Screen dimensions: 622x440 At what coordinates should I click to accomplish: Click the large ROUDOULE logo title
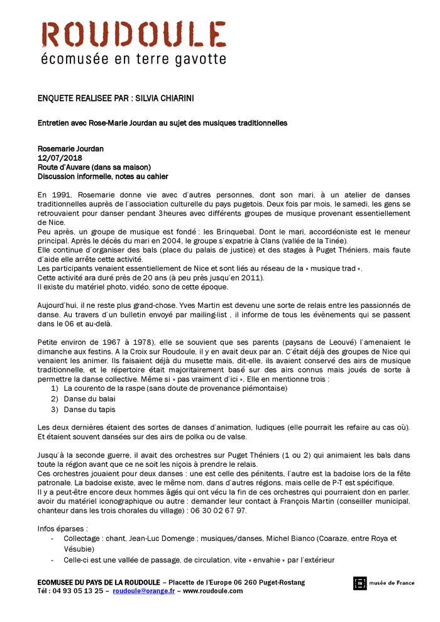tap(133, 35)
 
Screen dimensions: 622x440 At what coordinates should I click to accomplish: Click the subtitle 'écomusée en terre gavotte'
tap(133, 60)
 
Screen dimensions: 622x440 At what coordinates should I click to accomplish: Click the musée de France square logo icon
tap(360, 583)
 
